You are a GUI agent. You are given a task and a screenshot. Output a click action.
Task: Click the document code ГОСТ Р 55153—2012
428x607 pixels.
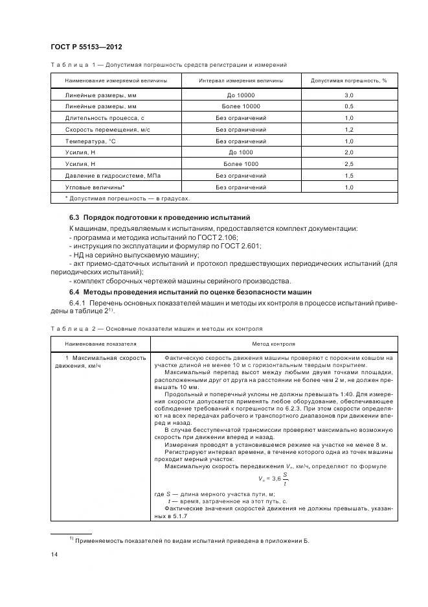coord(86,47)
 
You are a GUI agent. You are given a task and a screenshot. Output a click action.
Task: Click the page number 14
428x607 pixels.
coord(54,554)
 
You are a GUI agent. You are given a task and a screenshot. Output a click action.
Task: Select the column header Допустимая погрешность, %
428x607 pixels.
coord(348,80)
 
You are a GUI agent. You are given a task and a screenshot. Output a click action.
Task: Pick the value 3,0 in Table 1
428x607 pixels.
coord(348,95)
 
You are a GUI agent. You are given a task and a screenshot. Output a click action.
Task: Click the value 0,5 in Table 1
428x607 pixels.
coord(348,106)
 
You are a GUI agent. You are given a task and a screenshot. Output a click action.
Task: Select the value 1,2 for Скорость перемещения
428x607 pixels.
coord(348,129)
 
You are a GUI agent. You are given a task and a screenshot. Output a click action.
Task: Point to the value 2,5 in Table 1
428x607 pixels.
coord(348,164)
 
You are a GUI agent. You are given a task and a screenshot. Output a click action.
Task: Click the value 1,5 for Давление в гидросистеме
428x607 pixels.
coord(348,176)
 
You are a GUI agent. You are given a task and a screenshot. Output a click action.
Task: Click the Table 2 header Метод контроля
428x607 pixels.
coord(274,344)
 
